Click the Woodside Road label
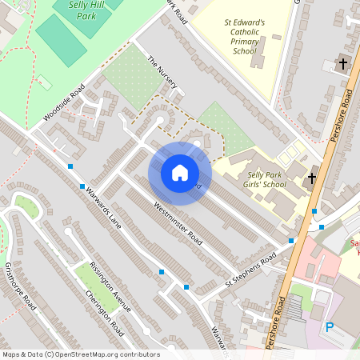click(x=63, y=104)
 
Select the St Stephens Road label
click(x=250, y=269)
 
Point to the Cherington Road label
click(x=105, y=313)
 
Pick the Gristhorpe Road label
click(x=20, y=286)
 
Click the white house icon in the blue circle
click(x=180, y=173)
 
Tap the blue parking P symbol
click(x=330, y=327)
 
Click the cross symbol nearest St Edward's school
click(x=343, y=63)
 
